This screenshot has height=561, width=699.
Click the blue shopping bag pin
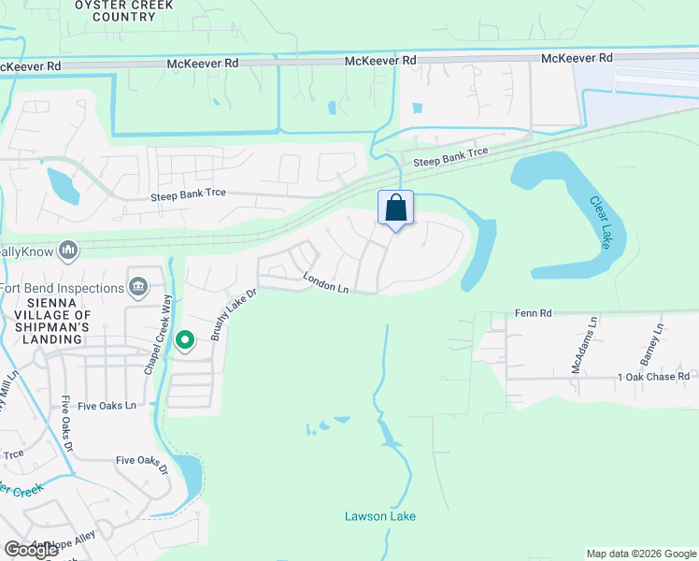[x=395, y=208]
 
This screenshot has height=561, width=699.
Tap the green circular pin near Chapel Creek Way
[x=185, y=342]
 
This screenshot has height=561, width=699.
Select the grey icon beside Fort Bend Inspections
[x=138, y=285]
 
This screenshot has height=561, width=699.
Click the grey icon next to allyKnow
[x=67, y=250]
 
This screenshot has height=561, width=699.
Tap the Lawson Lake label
[x=380, y=516]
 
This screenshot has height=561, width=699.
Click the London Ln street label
[x=325, y=282]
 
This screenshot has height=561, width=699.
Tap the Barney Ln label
[x=657, y=344]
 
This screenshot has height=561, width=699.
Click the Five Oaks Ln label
[x=107, y=406]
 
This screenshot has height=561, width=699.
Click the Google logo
[x=32, y=550]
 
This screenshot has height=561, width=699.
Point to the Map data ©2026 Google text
[x=640, y=554]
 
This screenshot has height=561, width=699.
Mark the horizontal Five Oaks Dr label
[x=141, y=460]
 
